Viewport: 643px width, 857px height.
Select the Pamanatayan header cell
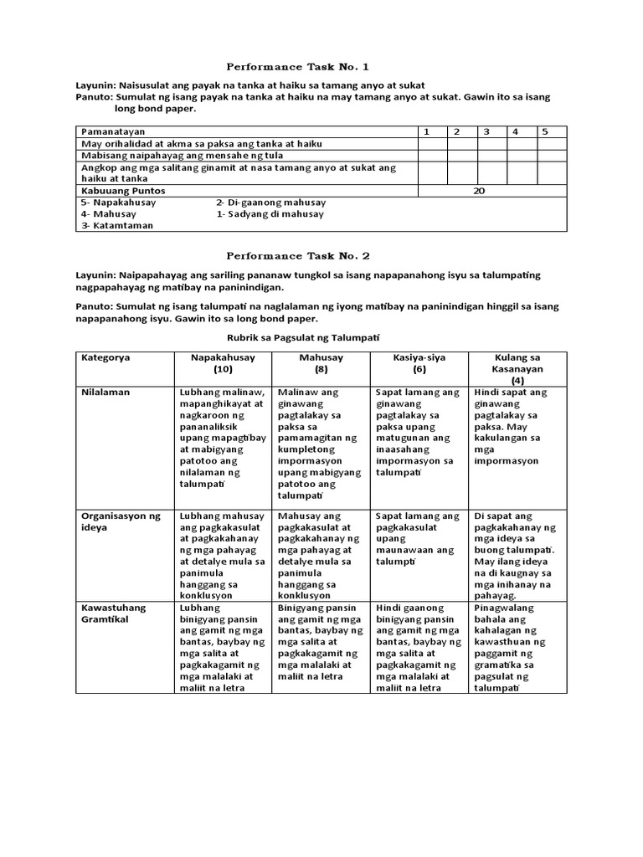click(112, 132)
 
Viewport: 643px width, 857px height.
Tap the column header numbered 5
click(544, 131)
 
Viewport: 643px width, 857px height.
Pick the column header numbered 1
click(426, 131)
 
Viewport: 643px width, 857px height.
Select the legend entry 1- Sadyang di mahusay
click(270, 214)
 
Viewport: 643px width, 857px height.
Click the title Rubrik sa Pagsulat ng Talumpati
click(304, 336)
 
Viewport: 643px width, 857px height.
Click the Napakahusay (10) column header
click(222, 363)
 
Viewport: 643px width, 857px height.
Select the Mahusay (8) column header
click(321, 363)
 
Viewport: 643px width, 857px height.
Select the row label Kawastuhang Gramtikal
click(114, 613)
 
